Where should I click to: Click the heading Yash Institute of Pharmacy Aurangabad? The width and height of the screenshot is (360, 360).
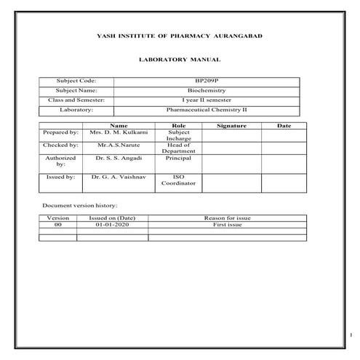pos(180,36)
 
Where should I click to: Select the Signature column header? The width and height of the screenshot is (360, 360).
pos(232,126)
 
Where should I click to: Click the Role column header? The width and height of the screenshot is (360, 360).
pos(178,126)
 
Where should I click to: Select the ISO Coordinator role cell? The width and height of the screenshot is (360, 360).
pos(178,180)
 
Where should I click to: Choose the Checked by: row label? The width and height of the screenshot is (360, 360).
pos(61,145)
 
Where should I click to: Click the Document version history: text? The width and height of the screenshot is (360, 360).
pos(80,206)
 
